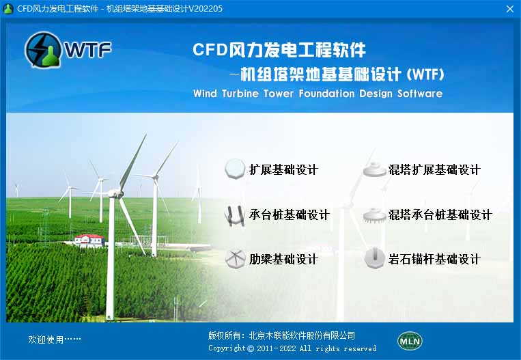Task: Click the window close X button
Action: tap(510, 9)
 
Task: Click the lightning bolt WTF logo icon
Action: tap(43, 50)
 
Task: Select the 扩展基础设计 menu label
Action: tap(283, 170)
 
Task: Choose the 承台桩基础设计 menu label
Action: tap(289, 214)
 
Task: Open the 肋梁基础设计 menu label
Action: tap(283, 260)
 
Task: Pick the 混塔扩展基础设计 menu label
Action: tap(434, 170)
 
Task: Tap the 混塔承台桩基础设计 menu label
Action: tap(440, 214)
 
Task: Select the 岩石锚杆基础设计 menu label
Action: tap(434, 260)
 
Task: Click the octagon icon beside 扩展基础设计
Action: tap(235, 169)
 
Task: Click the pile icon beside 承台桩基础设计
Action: tap(235, 215)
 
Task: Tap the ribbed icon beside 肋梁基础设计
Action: tap(235, 259)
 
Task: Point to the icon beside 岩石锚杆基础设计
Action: tap(374, 258)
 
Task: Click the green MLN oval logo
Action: tap(410, 341)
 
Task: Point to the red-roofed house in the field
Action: tap(89, 240)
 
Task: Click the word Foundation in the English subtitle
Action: tap(326, 94)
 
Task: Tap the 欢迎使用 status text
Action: tap(55, 339)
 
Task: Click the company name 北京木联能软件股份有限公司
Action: tap(302, 335)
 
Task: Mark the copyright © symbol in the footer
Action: tap(251, 348)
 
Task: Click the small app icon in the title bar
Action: tap(8, 9)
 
